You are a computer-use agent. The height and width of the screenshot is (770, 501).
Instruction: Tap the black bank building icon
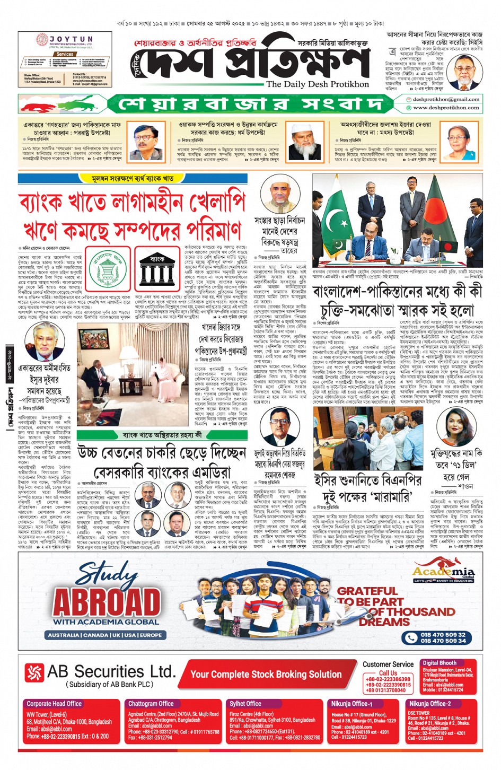pyautogui.click(x=157, y=268)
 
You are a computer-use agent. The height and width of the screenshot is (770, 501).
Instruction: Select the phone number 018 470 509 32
pyautogui.click(x=443, y=634)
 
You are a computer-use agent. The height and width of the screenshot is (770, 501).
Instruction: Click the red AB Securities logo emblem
pyautogui.click(x=34, y=673)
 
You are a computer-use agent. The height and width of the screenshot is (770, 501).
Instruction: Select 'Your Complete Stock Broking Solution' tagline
pyautogui.click(x=266, y=674)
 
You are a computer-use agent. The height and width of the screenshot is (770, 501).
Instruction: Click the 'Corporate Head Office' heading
pyautogui.click(x=54, y=703)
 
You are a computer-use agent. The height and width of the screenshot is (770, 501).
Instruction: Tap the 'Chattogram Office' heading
pyautogui.click(x=151, y=703)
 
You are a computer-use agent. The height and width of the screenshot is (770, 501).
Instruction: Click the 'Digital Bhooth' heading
pyautogui.click(x=439, y=663)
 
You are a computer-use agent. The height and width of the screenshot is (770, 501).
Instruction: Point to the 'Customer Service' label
pyautogui.click(x=388, y=664)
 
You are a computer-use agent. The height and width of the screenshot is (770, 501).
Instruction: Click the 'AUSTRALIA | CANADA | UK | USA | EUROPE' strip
pyautogui.click(x=105, y=635)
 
